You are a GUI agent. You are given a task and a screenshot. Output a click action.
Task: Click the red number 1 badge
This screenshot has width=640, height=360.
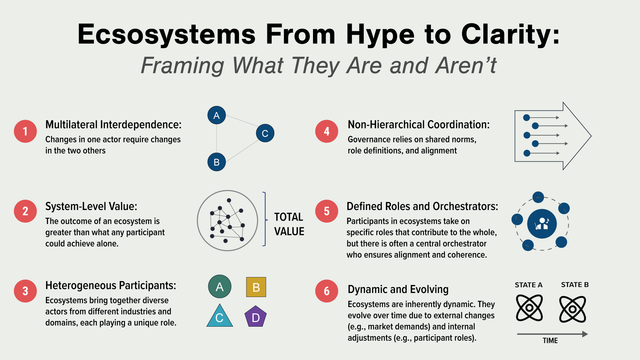click(x=25, y=131)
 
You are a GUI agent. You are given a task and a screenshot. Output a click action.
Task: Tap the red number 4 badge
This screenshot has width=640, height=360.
click(x=327, y=131)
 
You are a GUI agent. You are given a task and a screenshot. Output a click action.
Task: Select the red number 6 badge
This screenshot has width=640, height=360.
click(x=327, y=291)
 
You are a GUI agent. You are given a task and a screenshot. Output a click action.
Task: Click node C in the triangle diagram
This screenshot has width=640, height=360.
click(x=265, y=133)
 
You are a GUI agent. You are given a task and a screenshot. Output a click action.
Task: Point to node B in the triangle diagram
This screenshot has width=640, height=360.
click(x=217, y=162)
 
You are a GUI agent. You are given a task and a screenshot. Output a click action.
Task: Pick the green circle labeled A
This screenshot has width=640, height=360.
click(x=220, y=287)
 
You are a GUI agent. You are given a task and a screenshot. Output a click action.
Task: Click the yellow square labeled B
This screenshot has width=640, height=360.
click(x=256, y=287)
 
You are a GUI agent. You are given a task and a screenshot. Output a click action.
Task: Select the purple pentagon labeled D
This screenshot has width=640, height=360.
click(x=256, y=317)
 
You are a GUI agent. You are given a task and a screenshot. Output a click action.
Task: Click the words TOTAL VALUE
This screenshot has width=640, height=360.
click(x=289, y=224)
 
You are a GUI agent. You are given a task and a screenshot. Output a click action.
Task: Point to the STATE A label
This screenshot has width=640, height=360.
click(x=529, y=285)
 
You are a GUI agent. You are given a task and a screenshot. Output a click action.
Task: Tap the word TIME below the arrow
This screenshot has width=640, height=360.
click(x=550, y=341)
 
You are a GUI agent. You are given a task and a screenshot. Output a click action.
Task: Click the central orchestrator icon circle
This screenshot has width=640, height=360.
click(x=542, y=224)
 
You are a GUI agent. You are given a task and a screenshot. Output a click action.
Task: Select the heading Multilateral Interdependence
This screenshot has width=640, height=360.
click(x=113, y=125)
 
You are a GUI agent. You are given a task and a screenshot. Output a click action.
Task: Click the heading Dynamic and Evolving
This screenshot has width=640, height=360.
click(x=398, y=289)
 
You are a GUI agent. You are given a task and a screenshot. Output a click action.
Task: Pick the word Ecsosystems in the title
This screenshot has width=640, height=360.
click(x=167, y=34)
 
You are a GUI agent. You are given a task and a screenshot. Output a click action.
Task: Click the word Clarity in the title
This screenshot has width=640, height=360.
click(x=510, y=34)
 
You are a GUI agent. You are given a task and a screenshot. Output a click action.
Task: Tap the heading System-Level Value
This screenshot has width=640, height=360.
click(x=91, y=206)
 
